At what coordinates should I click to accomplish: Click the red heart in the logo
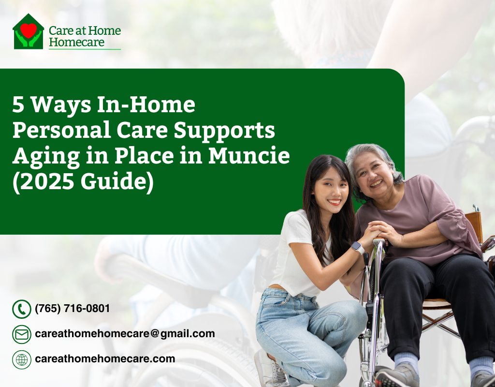point(29,30)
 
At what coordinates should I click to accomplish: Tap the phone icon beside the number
point(21,309)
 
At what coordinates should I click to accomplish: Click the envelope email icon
point(21,334)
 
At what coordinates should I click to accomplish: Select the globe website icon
point(21,359)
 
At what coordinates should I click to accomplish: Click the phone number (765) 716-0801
point(73,308)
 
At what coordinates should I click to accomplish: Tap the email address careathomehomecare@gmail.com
point(125,334)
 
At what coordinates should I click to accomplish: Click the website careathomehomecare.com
point(105,359)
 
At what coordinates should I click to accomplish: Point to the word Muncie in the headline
point(249,155)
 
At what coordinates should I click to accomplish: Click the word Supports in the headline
point(224,131)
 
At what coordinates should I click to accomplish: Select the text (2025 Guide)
point(83,182)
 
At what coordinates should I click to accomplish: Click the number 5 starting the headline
point(18,104)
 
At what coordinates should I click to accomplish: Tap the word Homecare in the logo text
point(76,42)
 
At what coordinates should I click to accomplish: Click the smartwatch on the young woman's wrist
point(357,247)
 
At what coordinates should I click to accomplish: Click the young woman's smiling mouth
point(334,202)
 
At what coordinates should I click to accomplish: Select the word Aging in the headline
point(46,156)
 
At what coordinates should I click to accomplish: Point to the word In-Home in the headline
point(146,104)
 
